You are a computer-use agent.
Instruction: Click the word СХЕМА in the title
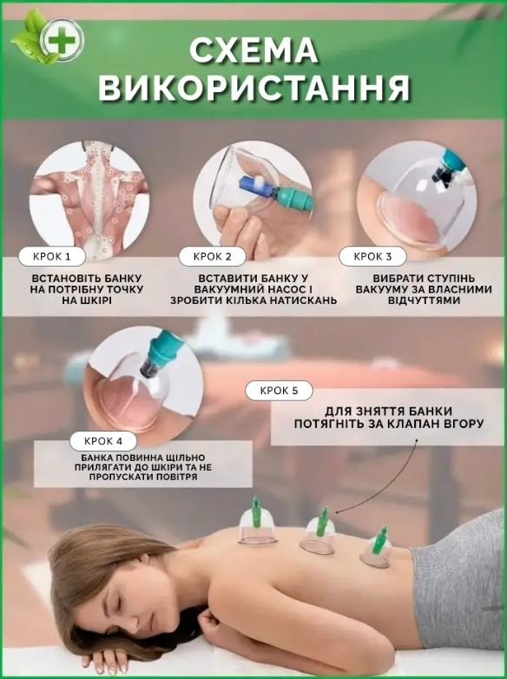pos(253,51)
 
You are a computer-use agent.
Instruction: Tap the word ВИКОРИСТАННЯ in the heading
pos(253,88)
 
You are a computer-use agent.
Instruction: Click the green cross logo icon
pos(62,40)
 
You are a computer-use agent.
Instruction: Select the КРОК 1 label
pos(51,257)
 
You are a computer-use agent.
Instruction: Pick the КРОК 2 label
pos(212,256)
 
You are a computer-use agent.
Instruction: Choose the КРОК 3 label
pos(372,256)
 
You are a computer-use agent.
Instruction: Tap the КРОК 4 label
pos(103,441)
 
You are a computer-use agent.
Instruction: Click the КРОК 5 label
pos(279,391)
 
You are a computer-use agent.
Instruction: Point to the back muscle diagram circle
pos(89,200)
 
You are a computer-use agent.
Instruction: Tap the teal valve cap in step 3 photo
pos(451,162)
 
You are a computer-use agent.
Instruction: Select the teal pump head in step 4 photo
pos(164,346)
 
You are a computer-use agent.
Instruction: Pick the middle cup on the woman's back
pos(319,531)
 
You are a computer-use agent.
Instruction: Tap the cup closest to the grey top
pos(376,547)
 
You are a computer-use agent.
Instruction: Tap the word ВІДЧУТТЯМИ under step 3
pos(424,300)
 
